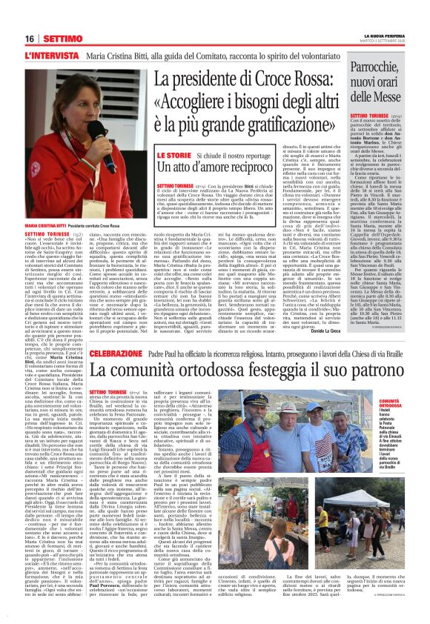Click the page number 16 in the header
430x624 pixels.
pyautogui.click(x=30, y=37)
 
